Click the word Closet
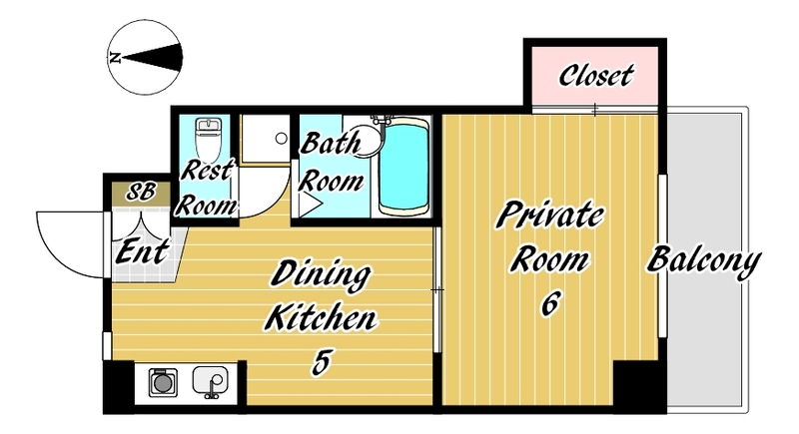(x=596, y=75)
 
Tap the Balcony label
(x=704, y=261)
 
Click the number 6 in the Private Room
(x=550, y=304)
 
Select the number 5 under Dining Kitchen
(x=322, y=362)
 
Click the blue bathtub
(x=403, y=167)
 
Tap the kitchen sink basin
(x=210, y=380)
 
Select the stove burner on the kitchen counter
(x=163, y=383)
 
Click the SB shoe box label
(x=141, y=192)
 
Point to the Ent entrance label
(x=142, y=251)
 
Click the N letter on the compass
(x=115, y=57)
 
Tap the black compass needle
(x=152, y=57)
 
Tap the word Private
(x=550, y=216)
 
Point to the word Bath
(x=331, y=143)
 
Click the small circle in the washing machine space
(x=282, y=138)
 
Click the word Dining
(x=321, y=275)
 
